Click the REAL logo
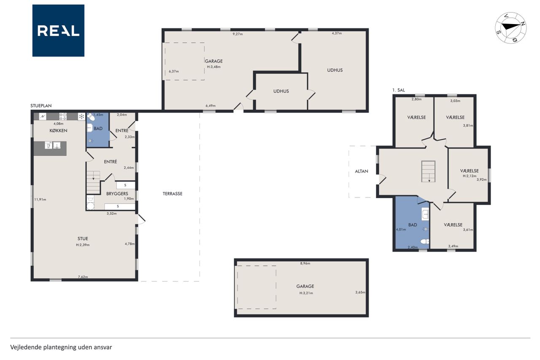point(58,31)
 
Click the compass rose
point(510,28)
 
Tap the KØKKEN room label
point(58,130)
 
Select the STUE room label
point(83,238)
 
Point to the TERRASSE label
point(173,194)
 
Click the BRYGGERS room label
point(117,194)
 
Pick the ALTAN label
point(362,171)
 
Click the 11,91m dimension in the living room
point(40,199)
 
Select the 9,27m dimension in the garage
point(238,34)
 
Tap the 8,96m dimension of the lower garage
point(305,263)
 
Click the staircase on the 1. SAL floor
point(428,171)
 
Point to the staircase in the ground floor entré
point(93,182)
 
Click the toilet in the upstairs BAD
point(425,241)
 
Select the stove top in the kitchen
point(63,117)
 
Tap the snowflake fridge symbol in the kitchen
point(81,117)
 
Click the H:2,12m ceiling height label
point(470,176)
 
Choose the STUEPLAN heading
point(41,106)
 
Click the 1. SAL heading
point(399,90)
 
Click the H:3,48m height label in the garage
point(214,67)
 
